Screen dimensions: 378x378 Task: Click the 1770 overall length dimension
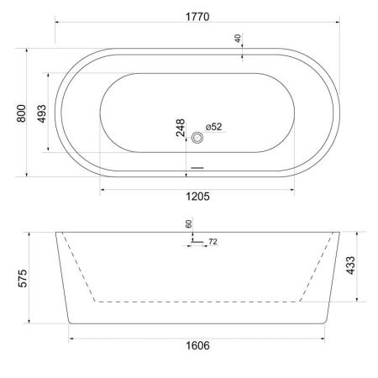[198, 16]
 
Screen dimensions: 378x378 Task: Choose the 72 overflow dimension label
[213, 242]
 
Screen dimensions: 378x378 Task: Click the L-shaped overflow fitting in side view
[194, 242]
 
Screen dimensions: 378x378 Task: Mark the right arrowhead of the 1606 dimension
[326, 338]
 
